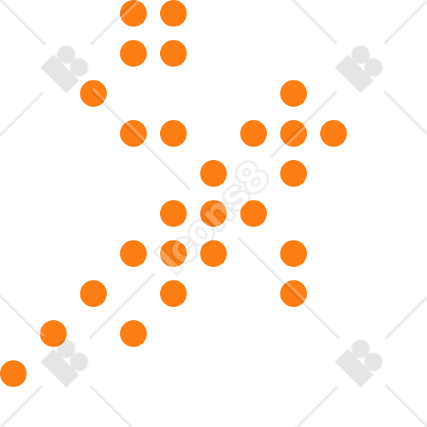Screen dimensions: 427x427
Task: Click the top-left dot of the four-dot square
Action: pos(134,14)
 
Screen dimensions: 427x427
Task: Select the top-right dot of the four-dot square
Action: pos(174,14)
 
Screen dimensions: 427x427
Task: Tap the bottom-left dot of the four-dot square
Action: pos(134,53)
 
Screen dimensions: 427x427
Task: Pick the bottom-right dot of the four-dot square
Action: pos(174,53)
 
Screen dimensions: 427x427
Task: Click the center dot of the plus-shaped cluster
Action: pos(293,134)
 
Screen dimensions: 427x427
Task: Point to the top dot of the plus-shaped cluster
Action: pos(293,93)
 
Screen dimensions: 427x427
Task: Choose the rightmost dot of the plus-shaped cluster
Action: pos(334,134)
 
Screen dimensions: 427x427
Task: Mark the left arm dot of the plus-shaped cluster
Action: pos(253,134)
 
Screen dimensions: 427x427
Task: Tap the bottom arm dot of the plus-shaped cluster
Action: pos(293,174)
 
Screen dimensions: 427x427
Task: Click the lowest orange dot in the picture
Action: pos(14,374)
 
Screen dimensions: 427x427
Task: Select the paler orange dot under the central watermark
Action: pos(174,253)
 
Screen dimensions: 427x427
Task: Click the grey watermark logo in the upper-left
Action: pos(65,69)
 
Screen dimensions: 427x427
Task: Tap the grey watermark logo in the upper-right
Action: pos(359,69)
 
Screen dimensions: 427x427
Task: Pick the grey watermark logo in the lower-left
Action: pos(65,363)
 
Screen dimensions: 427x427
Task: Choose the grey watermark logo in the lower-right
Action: pos(359,363)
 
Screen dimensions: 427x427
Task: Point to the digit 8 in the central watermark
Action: pos(252,177)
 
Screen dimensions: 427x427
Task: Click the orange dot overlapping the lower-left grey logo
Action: pos(53,334)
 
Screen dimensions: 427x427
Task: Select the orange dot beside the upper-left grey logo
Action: pos(93,93)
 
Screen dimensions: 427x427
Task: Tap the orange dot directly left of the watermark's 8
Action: pos(213,174)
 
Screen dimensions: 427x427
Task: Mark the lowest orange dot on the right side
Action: pos(293,293)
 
